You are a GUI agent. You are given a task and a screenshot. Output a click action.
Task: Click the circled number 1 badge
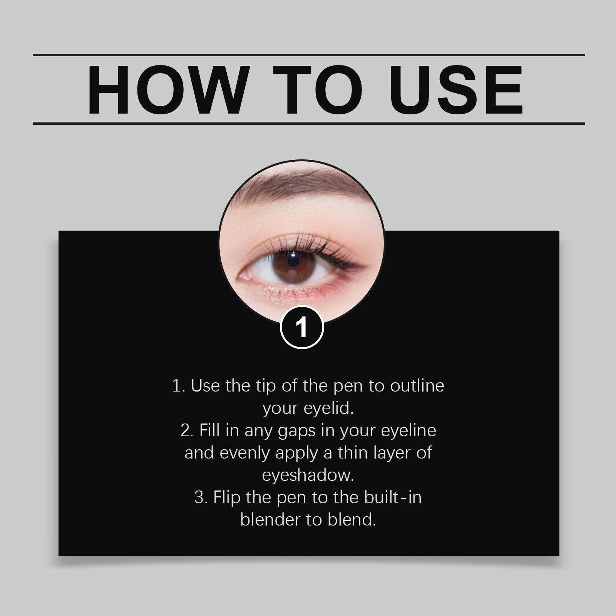(x=302, y=327)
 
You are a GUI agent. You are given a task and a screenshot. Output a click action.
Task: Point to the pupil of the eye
(x=293, y=261)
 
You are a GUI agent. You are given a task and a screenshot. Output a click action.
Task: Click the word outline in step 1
(x=417, y=386)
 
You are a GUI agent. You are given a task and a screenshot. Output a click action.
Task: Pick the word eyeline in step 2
(x=408, y=430)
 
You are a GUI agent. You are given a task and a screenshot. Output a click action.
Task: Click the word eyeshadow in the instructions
(x=308, y=475)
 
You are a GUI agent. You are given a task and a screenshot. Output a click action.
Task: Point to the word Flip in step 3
(x=227, y=497)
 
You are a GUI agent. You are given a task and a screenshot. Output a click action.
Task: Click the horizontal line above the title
(x=308, y=55)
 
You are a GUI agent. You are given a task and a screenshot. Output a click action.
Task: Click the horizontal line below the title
(x=308, y=124)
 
